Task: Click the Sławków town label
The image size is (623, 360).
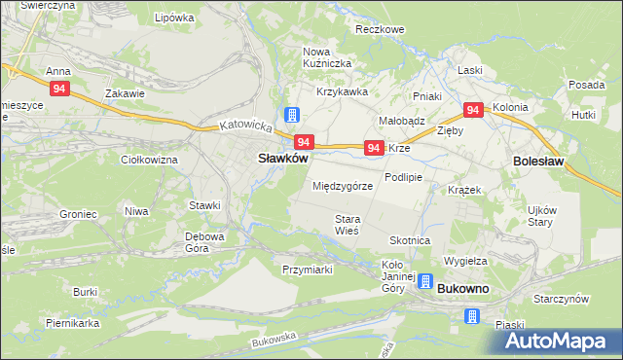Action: [282, 158]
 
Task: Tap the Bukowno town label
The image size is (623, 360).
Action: [463, 290]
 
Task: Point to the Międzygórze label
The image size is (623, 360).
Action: [343, 185]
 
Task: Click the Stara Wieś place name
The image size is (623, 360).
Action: [348, 225]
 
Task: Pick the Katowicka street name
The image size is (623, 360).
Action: [243, 126]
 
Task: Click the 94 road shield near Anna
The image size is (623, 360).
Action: [60, 90]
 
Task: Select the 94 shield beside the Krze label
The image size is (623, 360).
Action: [373, 148]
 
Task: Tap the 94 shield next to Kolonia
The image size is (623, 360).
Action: [474, 110]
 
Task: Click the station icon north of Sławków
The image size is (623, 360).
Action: [291, 115]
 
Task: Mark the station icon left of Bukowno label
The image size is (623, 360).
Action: [424, 281]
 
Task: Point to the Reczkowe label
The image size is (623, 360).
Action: [380, 30]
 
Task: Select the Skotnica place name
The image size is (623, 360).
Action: [410, 240]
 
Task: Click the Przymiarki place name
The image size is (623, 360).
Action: [308, 270]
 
